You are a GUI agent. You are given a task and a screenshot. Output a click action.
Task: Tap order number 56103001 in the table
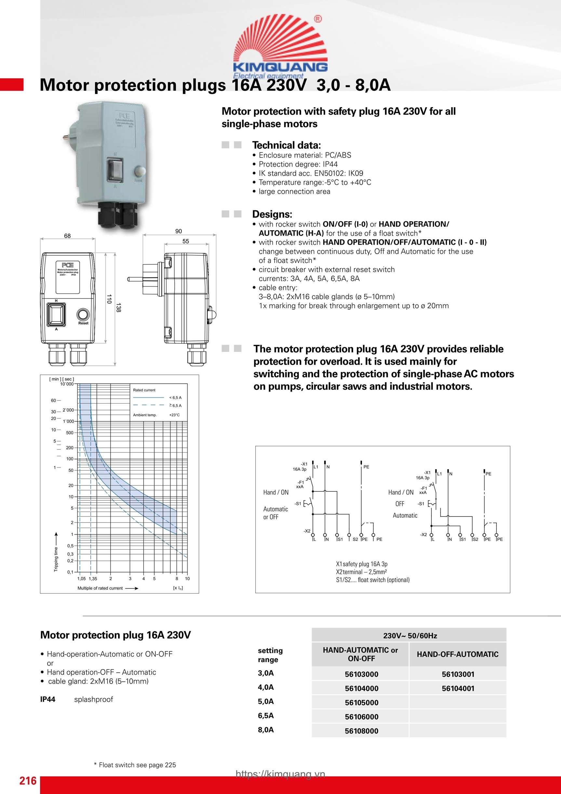(x=458, y=674)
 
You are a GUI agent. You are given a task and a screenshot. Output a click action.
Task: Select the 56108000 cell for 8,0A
(x=361, y=731)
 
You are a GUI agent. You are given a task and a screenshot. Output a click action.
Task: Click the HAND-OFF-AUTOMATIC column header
(x=457, y=654)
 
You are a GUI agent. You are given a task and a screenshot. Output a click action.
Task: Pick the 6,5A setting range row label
(x=265, y=715)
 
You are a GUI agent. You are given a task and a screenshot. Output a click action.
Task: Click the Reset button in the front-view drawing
(x=83, y=315)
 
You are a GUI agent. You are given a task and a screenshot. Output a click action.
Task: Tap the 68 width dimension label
(x=67, y=236)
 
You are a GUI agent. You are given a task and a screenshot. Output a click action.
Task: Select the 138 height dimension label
(x=118, y=308)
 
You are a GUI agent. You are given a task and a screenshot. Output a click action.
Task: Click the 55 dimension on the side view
(x=186, y=241)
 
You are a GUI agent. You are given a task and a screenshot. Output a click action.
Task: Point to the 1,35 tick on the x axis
(x=93, y=579)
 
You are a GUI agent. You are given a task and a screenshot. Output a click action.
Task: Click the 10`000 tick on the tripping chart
(x=67, y=384)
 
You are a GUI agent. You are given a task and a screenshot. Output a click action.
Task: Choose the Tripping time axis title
(x=56, y=559)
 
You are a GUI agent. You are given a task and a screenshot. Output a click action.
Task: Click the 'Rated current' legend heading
(x=144, y=390)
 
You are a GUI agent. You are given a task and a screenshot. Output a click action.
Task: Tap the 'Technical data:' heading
(x=287, y=145)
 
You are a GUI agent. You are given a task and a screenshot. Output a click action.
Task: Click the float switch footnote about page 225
(x=135, y=765)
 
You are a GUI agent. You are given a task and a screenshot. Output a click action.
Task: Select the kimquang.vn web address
(x=280, y=773)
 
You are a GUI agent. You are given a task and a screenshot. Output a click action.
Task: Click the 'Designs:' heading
(x=272, y=214)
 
